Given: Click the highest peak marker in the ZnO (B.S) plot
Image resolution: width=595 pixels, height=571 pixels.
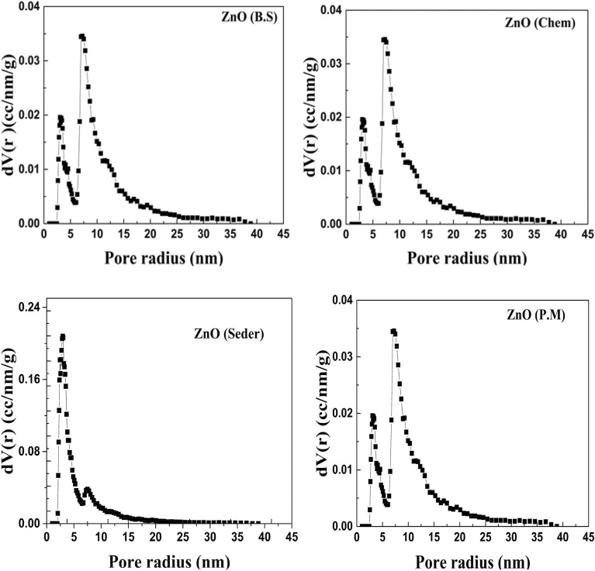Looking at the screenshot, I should [81, 36].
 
